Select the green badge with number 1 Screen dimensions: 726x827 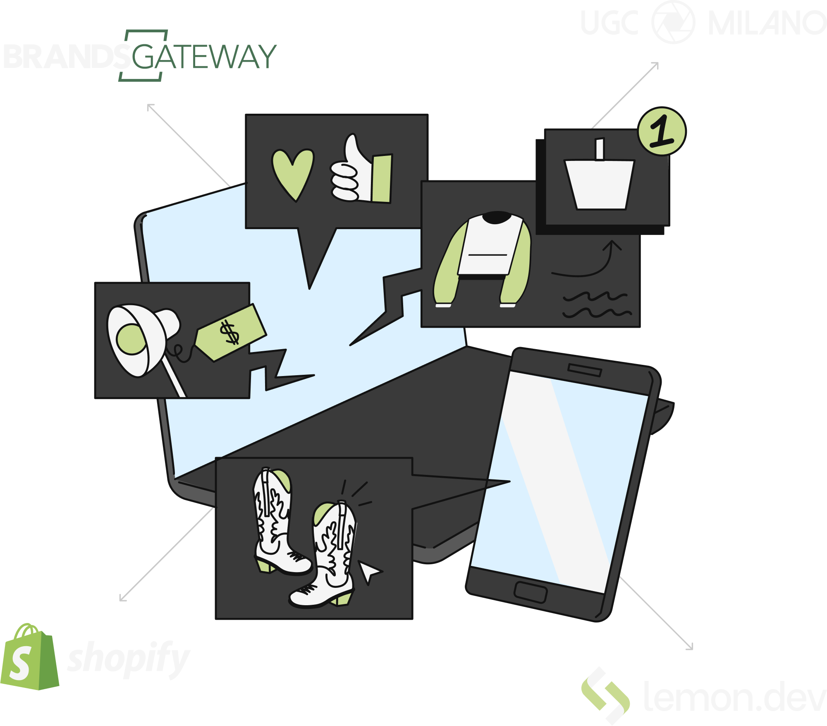tap(662, 132)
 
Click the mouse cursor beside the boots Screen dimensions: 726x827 tap(370, 572)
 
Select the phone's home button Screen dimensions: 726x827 tap(531, 592)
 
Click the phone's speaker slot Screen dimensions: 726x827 tap(584, 370)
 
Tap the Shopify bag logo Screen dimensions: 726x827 tap(29, 658)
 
